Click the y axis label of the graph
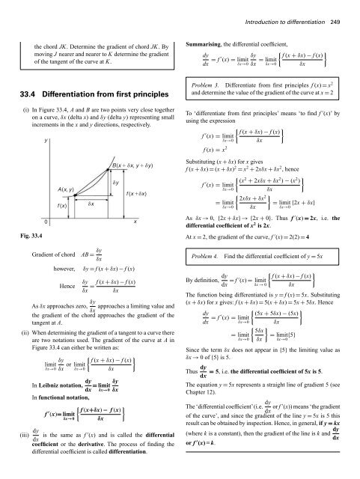(x=26, y=140)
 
